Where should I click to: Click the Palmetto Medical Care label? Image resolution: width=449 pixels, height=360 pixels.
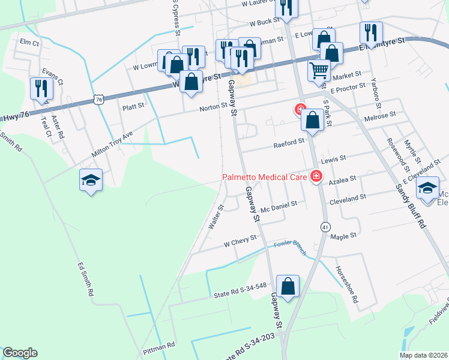coord(264,177)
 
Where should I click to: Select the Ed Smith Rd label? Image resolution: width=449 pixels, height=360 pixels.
coord(86,280)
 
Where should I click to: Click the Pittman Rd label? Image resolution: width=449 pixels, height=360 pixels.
coord(158,346)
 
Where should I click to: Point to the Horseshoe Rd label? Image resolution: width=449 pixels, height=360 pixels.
coord(346,284)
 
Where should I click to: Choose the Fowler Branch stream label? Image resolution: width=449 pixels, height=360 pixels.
coord(290,247)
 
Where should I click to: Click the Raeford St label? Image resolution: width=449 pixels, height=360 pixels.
coord(289,142)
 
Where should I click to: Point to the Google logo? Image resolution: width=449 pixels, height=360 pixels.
coord(20,353)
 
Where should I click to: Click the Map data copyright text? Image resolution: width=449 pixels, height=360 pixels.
coord(424,355)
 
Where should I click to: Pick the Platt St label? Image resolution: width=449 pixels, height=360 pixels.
coord(133,107)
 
